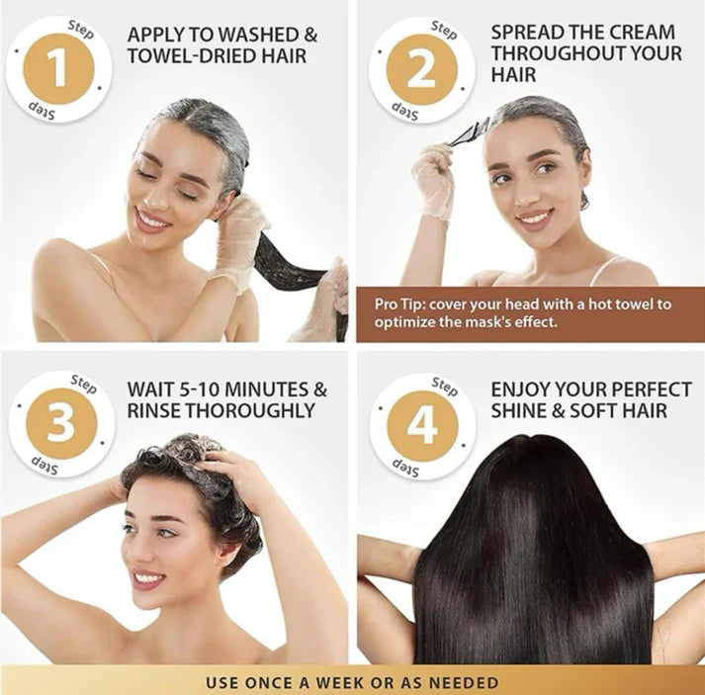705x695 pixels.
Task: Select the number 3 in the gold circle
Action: pos(60,423)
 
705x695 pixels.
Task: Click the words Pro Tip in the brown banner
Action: pos(397,303)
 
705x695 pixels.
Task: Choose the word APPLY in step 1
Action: pos(155,35)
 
